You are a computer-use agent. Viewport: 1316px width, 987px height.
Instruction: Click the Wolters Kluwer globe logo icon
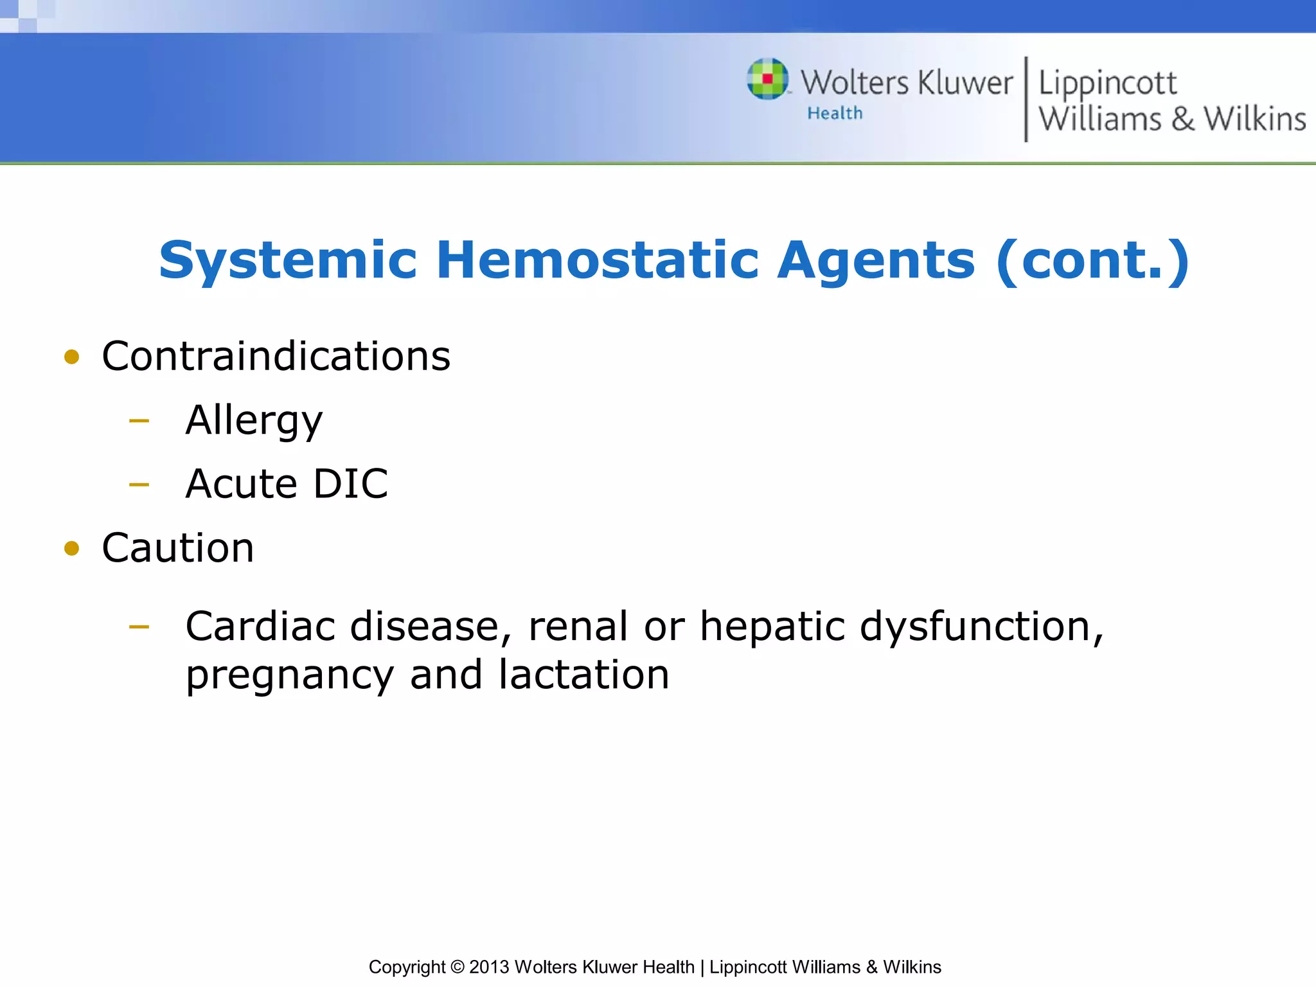tap(767, 79)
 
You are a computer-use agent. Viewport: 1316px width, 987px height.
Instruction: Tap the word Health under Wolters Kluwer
tap(835, 114)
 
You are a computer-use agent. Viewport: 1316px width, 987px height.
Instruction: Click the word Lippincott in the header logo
tap(1107, 84)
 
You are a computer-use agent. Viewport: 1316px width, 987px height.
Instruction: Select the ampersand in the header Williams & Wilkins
tap(1182, 120)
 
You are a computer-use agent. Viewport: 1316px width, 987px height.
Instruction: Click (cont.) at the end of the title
tap(1092, 261)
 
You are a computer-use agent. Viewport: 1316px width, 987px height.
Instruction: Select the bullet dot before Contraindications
tap(72, 357)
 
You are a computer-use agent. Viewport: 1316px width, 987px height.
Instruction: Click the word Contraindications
tap(276, 357)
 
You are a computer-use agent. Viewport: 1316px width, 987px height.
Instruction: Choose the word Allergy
tap(254, 422)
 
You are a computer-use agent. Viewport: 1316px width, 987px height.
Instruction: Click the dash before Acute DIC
tap(139, 485)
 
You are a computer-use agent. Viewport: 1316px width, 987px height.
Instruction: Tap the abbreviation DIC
tap(351, 485)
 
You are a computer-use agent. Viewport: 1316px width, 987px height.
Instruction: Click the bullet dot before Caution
tap(72, 549)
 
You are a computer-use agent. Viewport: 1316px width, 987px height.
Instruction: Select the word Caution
tap(178, 549)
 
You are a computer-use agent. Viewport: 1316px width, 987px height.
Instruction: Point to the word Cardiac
tap(260, 627)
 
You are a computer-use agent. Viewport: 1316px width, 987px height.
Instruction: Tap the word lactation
tap(583, 675)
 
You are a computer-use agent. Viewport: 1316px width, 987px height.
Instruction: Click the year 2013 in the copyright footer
tap(489, 967)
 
